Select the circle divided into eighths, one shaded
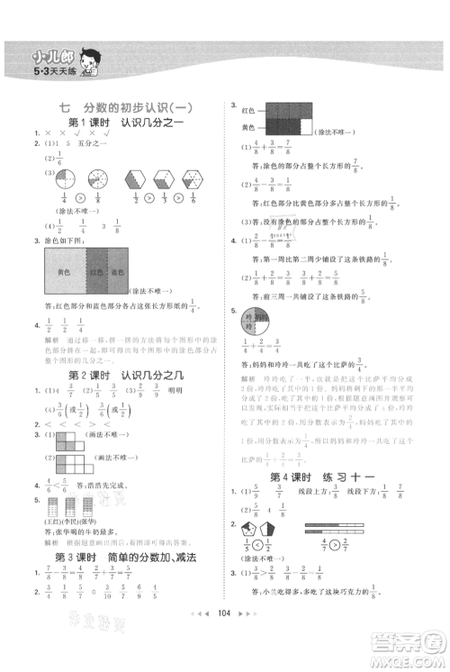[92, 177]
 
